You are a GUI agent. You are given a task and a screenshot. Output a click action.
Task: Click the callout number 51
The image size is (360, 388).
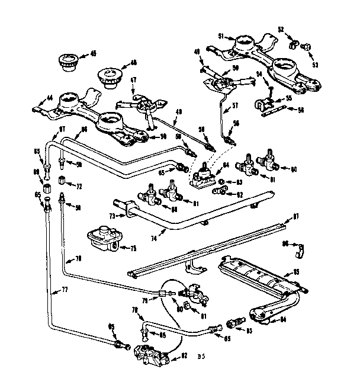point(221,37)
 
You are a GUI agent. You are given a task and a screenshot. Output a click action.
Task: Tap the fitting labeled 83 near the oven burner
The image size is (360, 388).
point(236,323)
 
